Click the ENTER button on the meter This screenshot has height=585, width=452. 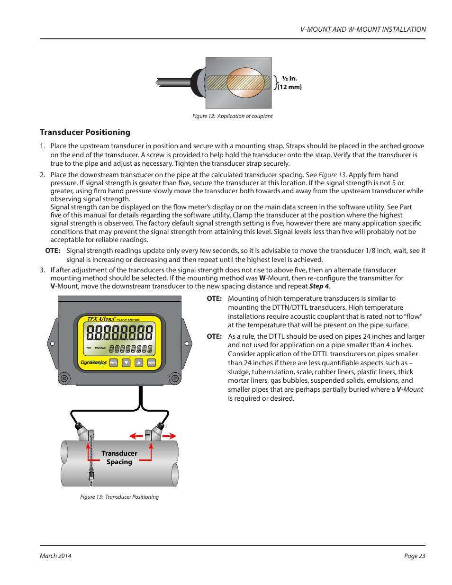tap(151, 363)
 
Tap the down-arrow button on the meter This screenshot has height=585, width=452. tap(126, 363)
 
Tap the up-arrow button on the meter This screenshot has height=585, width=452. tap(139, 363)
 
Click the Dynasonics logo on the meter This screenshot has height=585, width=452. tap(94, 362)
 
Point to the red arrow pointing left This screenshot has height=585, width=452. tap(136, 436)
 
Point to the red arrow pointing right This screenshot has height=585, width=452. tap(170, 436)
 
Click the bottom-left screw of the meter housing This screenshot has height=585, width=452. tap(64, 378)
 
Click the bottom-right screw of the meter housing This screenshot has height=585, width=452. tap(175, 378)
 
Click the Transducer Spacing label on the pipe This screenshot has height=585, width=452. tap(119, 458)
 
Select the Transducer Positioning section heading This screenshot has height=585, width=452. tap(85, 132)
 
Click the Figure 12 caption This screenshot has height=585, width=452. tap(232, 116)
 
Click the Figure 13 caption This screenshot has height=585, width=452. tap(119, 497)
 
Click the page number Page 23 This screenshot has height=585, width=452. tap(415, 556)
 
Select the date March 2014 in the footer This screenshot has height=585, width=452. tap(55, 556)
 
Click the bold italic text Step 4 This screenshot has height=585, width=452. tap(319, 286)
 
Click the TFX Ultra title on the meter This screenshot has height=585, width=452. tap(100, 319)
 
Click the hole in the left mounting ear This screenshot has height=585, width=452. tap(52, 343)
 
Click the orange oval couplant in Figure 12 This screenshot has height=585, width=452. tap(245, 82)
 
